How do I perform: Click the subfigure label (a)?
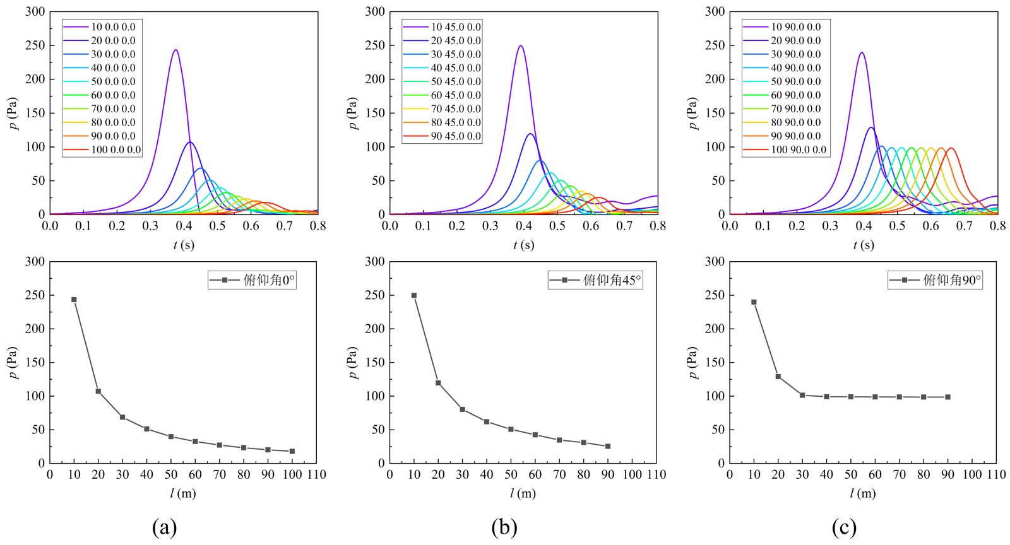click(164, 527)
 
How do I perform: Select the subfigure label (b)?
click(504, 527)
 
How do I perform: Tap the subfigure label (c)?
click(844, 527)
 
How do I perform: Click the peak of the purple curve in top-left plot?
click(175, 50)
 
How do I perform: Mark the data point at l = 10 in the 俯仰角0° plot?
click(74, 300)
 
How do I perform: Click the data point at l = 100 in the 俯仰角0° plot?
click(292, 451)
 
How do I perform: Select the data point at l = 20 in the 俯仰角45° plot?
click(438, 383)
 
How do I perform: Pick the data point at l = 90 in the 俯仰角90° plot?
click(948, 397)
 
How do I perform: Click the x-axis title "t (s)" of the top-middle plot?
click(523, 245)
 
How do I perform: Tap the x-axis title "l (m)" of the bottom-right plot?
click(863, 493)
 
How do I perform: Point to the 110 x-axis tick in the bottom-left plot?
click(316, 474)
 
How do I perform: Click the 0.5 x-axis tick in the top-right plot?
click(897, 226)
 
